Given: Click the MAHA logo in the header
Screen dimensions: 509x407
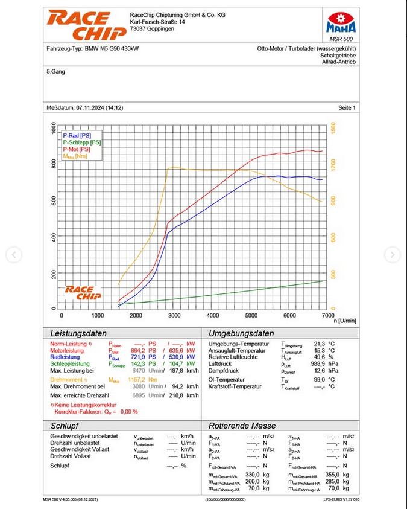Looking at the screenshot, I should click(341, 23).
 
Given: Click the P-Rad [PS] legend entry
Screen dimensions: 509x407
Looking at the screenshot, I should click(77, 136).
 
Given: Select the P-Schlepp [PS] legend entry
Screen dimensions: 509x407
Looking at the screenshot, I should click(81, 142).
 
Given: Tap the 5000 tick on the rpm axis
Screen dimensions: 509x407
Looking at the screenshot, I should click(251, 316).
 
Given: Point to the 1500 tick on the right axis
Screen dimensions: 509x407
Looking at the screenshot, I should click(333, 129).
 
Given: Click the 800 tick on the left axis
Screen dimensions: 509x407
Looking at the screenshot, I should click(54, 163).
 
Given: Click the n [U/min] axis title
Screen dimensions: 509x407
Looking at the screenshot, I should click(345, 321).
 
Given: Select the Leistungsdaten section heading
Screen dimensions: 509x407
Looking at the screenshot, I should click(78, 333).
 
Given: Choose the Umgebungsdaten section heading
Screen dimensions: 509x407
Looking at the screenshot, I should click(241, 333).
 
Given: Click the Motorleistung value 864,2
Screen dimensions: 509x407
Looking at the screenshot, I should click(139, 350).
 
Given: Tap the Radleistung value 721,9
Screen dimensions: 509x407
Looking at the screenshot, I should click(139, 357).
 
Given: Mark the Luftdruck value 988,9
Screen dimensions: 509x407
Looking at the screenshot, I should click(318, 364).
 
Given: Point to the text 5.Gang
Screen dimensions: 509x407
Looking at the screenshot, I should click(56, 71).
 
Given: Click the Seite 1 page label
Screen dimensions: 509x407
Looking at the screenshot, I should click(347, 108).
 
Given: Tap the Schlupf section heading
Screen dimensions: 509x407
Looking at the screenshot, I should click(65, 426).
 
